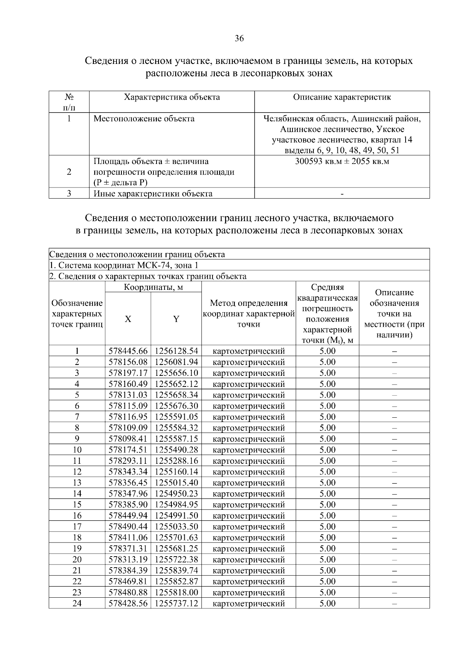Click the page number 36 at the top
(x=239, y=38)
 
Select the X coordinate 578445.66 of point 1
(x=128, y=351)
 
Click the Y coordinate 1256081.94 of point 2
(x=176, y=362)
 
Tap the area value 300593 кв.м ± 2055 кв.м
(x=342, y=161)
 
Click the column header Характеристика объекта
(x=172, y=97)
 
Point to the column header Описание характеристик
(x=342, y=97)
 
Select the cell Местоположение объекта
(x=144, y=119)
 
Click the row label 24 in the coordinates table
(x=77, y=603)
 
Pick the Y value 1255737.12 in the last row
(x=176, y=603)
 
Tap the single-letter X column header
(x=128, y=319)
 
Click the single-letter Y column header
(x=176, y=319)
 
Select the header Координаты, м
(x=153, y=287)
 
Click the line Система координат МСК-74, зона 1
(x=124, y=265)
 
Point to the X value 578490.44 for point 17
(x=128, y=527)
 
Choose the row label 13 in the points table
(x=77, y=483)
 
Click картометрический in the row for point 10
(x=248, y=450)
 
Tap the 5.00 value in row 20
(x=328, y=560)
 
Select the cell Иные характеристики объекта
(x=153, y=194)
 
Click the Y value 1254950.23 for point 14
(x=176, y=494)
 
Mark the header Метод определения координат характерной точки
(x=248, y=313)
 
